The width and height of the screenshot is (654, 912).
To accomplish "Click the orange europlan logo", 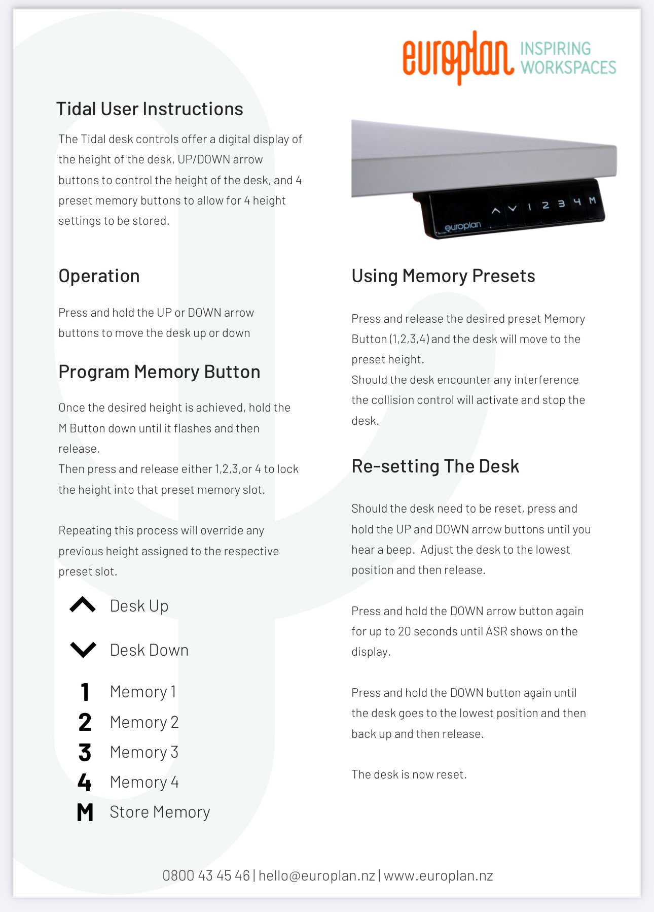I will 458,57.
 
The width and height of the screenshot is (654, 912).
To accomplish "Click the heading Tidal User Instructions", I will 150,109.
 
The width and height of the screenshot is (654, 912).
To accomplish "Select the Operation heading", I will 99,276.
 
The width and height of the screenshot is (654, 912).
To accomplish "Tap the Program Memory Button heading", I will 159,372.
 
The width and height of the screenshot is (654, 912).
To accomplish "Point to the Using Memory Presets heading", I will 443,276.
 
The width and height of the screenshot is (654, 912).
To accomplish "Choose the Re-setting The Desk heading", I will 435,466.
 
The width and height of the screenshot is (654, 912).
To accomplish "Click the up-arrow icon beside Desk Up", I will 83,605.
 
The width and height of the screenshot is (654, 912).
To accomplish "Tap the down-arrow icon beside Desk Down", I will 83,650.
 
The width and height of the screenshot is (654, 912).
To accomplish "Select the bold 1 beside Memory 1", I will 85,692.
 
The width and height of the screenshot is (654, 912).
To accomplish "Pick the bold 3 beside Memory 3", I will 85,753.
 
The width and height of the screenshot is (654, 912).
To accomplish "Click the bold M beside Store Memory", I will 85,813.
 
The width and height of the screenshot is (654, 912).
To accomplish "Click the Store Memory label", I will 160,813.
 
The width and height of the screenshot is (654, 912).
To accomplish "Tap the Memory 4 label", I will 144,783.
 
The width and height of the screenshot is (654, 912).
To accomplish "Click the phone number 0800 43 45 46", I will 206,876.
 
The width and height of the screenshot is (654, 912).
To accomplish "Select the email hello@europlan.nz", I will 317,876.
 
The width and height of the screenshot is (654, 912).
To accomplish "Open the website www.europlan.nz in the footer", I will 438,876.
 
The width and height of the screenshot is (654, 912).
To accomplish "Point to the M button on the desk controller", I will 592,200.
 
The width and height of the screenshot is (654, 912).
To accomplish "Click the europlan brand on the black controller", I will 462,226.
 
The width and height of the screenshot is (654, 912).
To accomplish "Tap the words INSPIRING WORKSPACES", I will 568,58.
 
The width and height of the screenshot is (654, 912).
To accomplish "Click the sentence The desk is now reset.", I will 409,774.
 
